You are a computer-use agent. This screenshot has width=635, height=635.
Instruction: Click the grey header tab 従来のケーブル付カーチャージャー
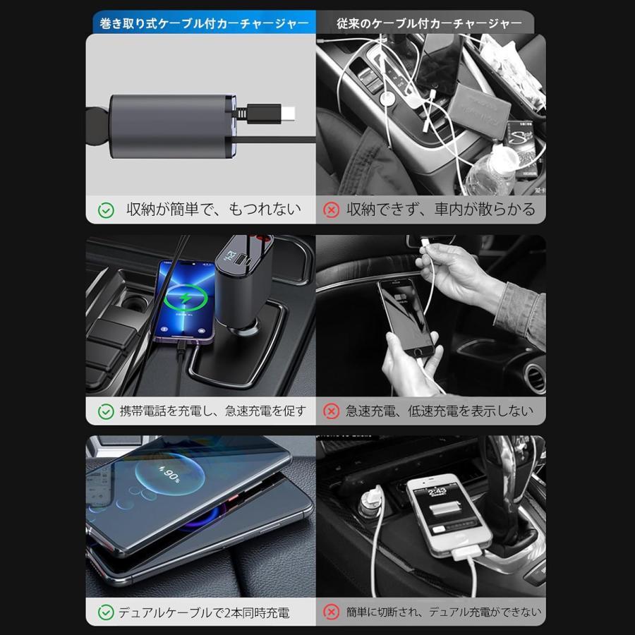(430, 24)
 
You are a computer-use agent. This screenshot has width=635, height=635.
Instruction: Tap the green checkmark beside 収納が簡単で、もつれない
(106, 210)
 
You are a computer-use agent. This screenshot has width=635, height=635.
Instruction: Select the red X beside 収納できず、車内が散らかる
(330, 210)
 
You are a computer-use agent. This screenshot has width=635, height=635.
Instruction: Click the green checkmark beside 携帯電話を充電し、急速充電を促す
(106, 411)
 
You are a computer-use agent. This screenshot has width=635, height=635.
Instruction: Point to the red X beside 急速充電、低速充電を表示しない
(330, 411)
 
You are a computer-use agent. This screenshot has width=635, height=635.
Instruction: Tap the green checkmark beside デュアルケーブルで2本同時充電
(106, 612)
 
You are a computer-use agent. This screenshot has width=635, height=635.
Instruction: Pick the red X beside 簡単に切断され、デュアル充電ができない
(330, 612)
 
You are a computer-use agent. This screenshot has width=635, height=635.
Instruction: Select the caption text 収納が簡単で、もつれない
(213, 210)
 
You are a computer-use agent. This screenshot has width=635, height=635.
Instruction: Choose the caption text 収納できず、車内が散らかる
(440, 210)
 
